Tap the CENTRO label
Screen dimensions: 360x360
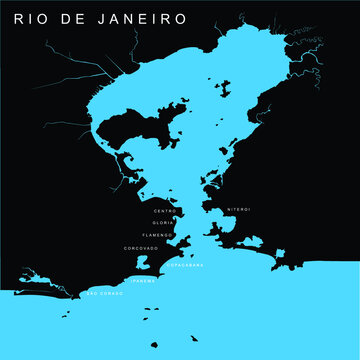(165, 211)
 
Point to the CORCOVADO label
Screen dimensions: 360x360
(141, 247)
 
